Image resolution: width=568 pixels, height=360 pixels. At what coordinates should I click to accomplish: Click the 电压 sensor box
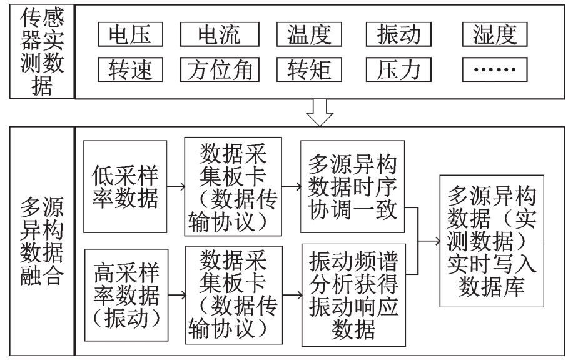point(130,34)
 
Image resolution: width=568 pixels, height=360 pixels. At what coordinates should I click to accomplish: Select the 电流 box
point(220,34)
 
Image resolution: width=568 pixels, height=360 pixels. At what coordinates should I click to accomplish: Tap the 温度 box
point(309,34)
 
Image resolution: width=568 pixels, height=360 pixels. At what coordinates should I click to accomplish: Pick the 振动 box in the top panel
point(398,34)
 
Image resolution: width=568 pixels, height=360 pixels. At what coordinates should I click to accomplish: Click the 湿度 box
point(495,34)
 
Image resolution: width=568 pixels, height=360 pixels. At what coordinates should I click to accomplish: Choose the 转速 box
point(130,69)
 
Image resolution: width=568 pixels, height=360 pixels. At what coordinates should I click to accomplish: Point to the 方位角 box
point(220,69)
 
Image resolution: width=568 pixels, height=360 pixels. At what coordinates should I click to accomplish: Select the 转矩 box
point(309,69)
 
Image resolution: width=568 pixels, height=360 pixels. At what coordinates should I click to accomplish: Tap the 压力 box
point(398,69)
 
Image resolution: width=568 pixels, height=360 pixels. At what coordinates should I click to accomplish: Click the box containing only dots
point(495,69)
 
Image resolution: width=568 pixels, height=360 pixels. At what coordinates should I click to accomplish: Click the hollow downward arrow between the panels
point(320,112)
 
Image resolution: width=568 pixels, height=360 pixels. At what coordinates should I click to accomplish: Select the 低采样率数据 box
point(125,187)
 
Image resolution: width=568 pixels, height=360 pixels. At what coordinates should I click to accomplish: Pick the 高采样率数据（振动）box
point(126,295)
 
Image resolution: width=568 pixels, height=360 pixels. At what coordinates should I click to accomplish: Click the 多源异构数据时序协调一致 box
point(352,187)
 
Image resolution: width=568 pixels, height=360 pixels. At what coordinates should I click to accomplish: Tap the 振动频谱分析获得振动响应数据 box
point(353,295)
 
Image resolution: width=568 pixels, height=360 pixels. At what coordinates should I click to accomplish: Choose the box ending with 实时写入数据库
point(492,241)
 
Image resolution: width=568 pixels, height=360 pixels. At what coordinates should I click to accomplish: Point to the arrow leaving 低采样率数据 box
point(176,187)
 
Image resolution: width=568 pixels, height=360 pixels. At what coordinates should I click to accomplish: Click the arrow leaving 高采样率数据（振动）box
point(177,295)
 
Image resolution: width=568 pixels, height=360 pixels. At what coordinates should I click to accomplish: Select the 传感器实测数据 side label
point(42,51)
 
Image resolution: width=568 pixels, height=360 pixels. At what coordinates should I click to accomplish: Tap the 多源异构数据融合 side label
point(42,241)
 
